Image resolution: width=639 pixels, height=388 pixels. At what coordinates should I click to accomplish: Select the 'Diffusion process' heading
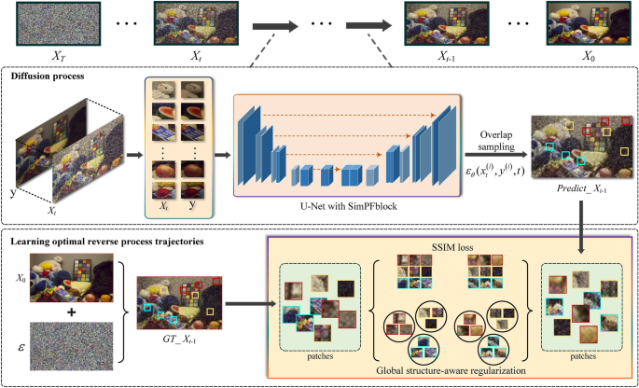click(x=49, y=77)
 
